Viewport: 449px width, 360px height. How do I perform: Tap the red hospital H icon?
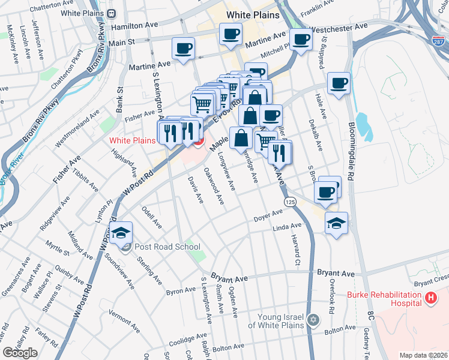coord(430,297)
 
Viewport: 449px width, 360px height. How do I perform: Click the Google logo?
coord(20,353)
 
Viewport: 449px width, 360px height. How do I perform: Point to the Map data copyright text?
coord(423,355)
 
